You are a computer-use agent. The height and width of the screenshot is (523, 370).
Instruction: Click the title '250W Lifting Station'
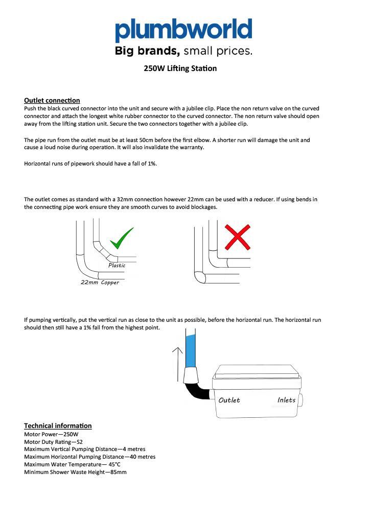click(180, 68)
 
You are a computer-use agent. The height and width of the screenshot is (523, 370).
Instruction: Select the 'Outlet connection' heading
click(52, 100)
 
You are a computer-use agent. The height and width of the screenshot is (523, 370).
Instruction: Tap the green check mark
click(122, 238)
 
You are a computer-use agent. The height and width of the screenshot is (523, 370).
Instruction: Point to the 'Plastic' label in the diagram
click(117, 266)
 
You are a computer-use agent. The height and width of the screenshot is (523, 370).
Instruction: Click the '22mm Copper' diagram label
click(100, 282)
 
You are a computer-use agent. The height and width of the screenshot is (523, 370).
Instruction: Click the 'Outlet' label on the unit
click(229, 400)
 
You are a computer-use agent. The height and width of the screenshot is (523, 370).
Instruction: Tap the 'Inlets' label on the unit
click(286, 400)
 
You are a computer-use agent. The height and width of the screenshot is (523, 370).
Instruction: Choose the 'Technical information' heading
click(58, 425)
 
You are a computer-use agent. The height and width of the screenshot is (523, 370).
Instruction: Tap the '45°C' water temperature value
click(114, 464)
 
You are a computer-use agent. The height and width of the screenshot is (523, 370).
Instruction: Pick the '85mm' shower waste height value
click(119, 472)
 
